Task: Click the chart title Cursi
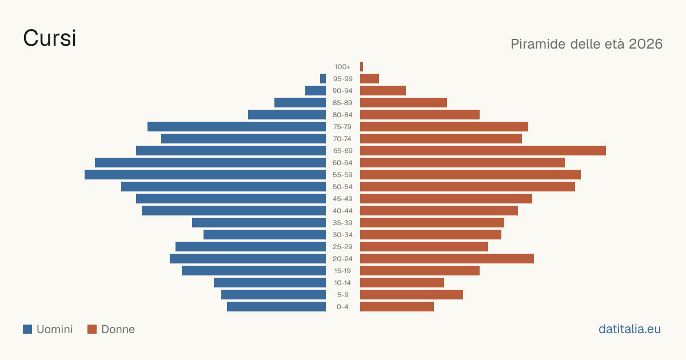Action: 50,38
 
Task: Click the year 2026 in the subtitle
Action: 645,44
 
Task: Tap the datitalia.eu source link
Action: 629,329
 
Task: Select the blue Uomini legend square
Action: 27,329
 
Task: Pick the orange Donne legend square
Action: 92,329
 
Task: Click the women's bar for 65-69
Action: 483,151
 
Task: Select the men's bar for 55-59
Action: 205,174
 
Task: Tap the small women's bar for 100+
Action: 361,67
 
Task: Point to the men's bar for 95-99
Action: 323,79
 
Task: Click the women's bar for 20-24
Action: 447,259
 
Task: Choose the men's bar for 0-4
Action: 276,306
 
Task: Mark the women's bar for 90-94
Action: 383,91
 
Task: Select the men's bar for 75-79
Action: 237,127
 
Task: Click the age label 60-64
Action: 342,163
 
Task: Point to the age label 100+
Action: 342,67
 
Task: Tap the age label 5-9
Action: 342,295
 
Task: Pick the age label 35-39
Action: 342,223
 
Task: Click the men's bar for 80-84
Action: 287,115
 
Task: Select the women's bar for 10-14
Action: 402,282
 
